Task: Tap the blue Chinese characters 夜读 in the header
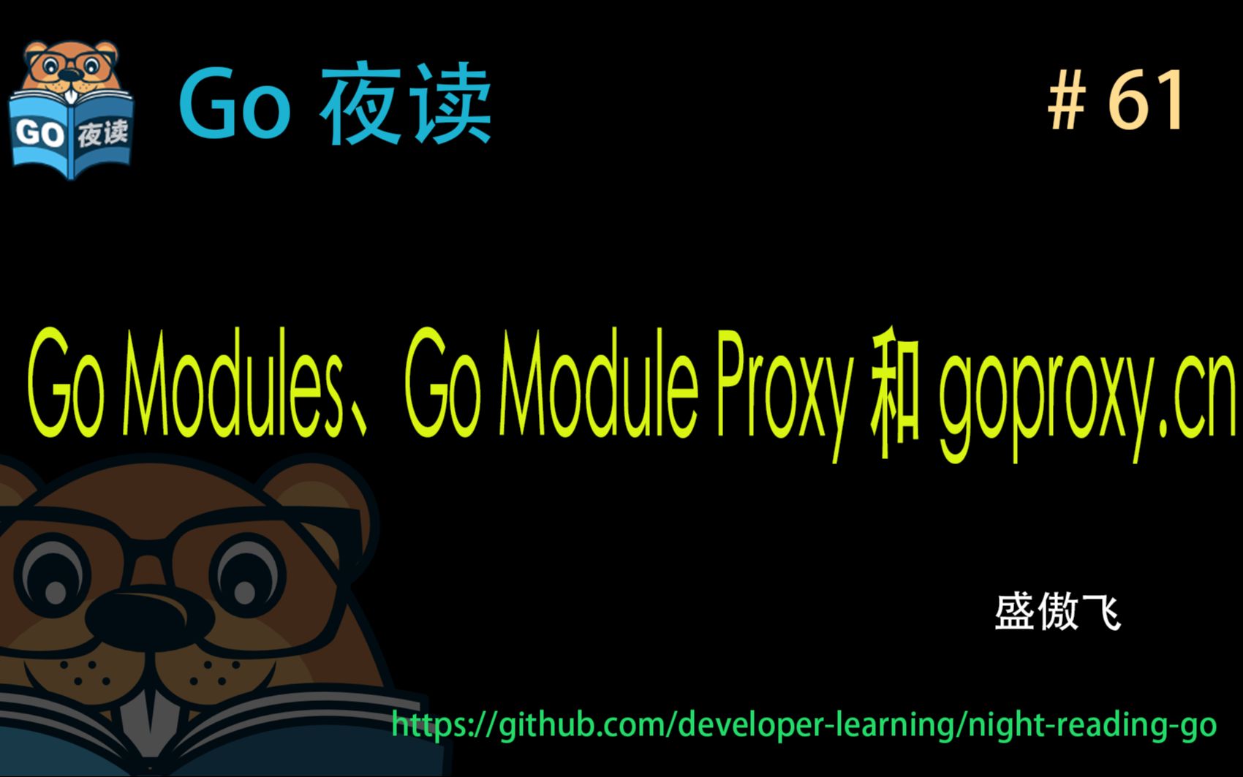click(x=406, y=106)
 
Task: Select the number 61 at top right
click(x=1146, y=102)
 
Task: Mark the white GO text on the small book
click(x=40, y=134)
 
